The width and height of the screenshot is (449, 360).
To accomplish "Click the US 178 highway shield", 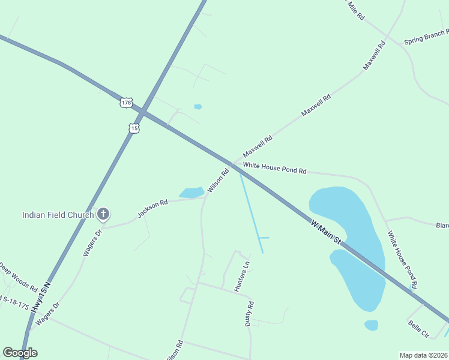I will pos(125,103).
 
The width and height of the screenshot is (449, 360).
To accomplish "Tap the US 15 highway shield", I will pos(134,128).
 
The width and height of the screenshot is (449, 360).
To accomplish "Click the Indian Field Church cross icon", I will pos(103,214).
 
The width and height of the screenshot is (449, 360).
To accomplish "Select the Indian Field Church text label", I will pos(58,215).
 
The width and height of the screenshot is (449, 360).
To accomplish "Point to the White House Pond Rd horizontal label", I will pos(274,168).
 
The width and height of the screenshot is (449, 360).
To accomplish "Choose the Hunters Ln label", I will pos(241,277).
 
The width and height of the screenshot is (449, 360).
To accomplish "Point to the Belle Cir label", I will pos(418,329).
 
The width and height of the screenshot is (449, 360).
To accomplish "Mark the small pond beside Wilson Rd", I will pos(192,193).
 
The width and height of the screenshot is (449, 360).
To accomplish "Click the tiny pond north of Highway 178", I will pos(197,107).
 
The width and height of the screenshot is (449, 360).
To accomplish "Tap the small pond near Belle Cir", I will pos(372,325).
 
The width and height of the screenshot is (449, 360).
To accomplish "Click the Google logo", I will pos(20,353).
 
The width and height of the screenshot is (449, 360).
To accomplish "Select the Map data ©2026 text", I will pos(423,355).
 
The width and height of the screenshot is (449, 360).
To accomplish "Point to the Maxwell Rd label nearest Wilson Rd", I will pos(258,146).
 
